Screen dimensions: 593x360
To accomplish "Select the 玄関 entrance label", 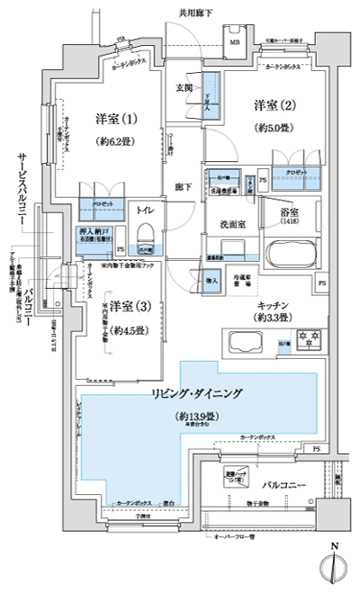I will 184,87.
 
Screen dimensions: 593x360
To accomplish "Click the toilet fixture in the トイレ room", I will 143,243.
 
